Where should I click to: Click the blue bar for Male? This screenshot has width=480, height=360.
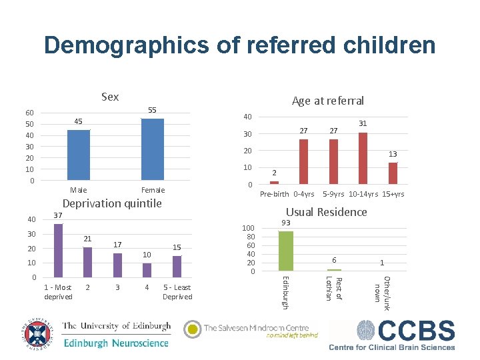pos(79,155)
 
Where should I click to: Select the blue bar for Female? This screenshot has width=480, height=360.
pos(153,149)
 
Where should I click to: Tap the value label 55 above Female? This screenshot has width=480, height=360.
pos(152,109)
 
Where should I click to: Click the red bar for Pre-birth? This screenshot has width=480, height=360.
pos(274,182)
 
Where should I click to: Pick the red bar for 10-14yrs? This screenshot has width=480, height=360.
pos(363,158)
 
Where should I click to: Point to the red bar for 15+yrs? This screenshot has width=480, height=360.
pos(393,173)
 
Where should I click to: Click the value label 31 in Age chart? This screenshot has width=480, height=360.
pos(363,124)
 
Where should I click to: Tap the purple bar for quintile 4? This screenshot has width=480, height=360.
pos(147,269)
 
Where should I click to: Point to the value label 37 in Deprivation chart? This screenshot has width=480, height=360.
pos(58,215)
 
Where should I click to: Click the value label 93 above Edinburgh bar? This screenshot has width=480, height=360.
pos(285,222)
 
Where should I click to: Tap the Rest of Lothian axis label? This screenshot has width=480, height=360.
pos(334,288)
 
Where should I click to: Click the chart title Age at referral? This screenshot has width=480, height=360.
pos(327,101)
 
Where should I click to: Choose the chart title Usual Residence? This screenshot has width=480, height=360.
pos(326,212)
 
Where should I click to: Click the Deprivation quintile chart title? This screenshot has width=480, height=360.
pos(111,203)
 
